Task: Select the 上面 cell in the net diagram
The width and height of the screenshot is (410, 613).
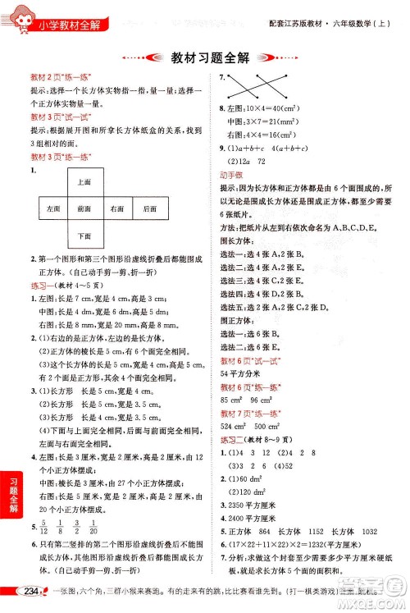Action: click(x=84, y=182)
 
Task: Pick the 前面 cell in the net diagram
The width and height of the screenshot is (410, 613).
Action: click(x=84, y=209)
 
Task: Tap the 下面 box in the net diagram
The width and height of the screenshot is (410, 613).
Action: click(x=84, y=236)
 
